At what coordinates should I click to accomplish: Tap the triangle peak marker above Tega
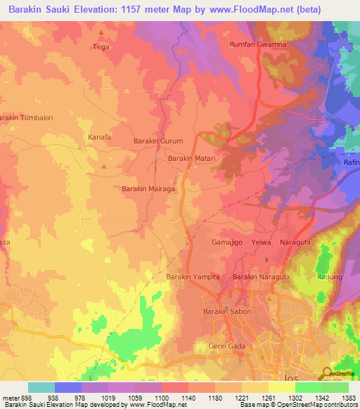pos(101,32)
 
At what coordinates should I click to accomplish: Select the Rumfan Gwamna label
pos(258,44)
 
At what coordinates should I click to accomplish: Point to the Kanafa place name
pos(99,137)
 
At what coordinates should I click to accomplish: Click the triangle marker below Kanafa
pos(104,167)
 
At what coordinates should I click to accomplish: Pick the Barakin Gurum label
pos(158,141)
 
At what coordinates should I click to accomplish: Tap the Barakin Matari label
pos(191,159)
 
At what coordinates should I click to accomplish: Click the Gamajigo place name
pos(227,242)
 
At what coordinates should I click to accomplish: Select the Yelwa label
pos(261,242)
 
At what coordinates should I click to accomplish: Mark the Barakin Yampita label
pos(193,277)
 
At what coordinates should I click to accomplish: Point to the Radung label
pos(330,277)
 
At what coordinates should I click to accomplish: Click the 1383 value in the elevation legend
pos(348,397)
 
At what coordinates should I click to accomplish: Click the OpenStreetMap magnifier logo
pos(327,373)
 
